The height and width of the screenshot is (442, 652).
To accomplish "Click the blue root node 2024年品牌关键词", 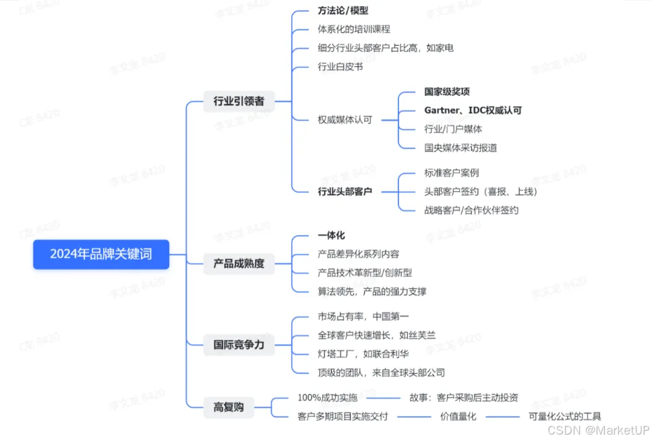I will (100, 254).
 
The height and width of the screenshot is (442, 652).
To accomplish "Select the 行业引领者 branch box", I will (239, 101).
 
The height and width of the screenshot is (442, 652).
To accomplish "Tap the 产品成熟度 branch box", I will (239, 263).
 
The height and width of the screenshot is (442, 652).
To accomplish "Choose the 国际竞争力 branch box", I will (239, 345).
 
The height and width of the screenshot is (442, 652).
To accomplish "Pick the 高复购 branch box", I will (229, 407).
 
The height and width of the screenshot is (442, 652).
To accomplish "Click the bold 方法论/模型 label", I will (343, 11).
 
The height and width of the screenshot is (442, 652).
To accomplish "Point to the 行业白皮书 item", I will (340, 67).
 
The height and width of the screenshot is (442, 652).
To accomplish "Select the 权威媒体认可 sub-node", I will (345, 119).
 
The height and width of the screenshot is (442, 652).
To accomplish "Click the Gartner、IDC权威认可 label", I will (473, 110).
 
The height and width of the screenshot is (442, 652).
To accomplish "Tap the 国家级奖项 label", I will (447, 92).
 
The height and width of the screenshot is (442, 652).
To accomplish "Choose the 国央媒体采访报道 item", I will (461, 147).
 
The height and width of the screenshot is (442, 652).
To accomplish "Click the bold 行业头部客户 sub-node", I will (345, 192).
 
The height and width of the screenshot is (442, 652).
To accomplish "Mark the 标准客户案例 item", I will (452, 173).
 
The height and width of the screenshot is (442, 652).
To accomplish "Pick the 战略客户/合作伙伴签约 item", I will (471, 210).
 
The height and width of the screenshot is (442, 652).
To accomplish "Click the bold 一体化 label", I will (331, 236).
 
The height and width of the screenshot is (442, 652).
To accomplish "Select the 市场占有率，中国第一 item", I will (363, 316).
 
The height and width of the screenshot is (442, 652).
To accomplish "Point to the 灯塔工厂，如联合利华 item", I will (363, 354).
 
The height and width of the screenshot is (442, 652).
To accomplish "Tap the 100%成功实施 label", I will (327, 397).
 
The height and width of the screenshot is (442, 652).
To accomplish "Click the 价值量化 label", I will (458, 416).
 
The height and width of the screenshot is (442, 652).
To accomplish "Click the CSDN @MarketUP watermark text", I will (598, 430).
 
